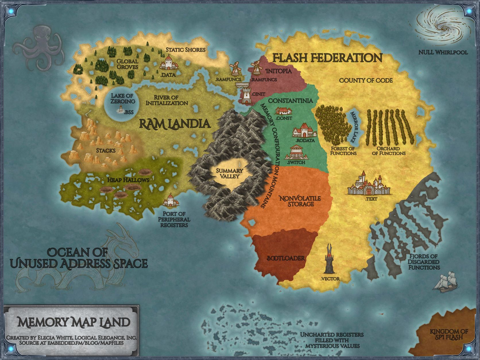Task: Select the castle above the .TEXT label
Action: tap(369, 184)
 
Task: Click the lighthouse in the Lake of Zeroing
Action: tap(121, 109)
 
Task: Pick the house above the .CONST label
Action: tap(284, 111)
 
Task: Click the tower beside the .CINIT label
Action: tap(246, 96)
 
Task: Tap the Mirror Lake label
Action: tap(355, 126)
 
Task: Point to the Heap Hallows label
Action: tap(128, 180)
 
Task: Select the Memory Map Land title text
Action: tap(74, 322)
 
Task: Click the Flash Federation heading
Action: tap(327, 58)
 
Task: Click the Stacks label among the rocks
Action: tap(106, 150)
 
